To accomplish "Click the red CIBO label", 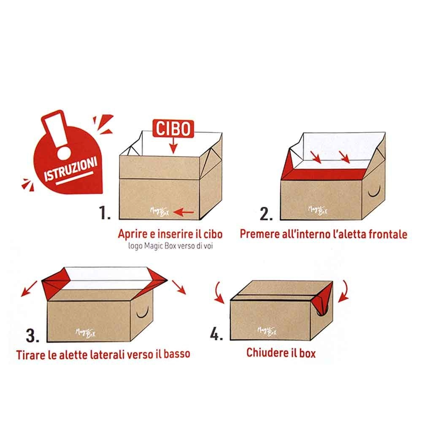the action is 173,129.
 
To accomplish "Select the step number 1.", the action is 104,213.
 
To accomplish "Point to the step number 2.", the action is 266,214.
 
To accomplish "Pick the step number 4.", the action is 216,335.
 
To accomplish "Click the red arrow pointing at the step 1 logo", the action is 184,212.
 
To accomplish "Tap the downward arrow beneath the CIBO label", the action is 173,146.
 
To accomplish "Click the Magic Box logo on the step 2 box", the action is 318,210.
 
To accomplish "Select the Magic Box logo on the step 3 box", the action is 85,333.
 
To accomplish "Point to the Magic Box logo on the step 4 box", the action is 267,331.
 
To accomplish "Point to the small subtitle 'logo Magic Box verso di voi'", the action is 170,246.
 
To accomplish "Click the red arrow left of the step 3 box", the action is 29,289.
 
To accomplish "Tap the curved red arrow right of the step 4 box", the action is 344,291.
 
